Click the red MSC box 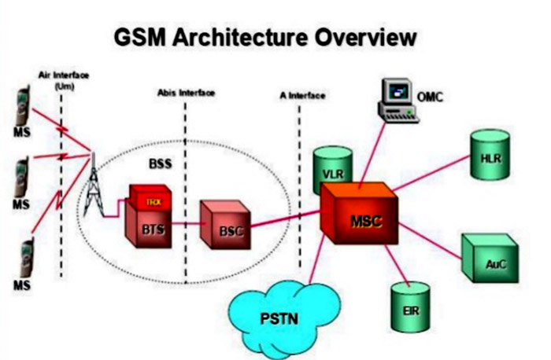coord(359,215)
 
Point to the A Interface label coord(302,95)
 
